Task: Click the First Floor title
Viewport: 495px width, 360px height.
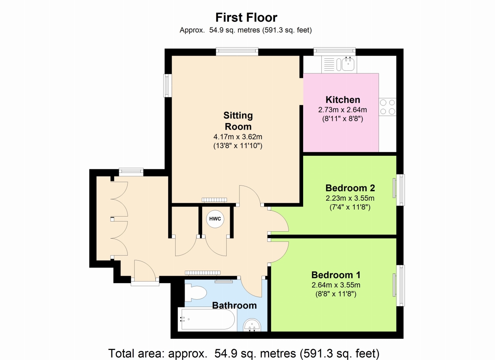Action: [x=246, y=17]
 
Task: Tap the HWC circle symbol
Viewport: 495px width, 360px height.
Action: [x=215, y=219]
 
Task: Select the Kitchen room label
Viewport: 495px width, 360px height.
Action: [x=343, y=100]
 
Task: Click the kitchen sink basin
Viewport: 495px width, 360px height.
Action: [x=348, y=64]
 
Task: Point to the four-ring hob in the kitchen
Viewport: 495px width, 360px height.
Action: [x=387, y=107]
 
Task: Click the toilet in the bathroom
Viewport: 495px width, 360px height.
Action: [x=195, y=293]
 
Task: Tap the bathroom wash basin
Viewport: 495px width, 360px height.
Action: [x=252, y=325]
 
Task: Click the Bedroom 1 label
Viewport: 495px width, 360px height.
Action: [x=336, y=275]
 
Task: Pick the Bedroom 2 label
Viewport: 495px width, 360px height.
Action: [x=350, y=188]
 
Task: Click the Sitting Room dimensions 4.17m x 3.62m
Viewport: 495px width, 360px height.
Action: [x=238, y=137]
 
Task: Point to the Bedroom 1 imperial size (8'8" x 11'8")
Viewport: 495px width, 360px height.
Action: [x=336, y=294]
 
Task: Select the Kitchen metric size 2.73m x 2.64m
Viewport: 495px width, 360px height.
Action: [x=343, y=109]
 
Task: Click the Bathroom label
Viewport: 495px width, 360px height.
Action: [x=234, y=305]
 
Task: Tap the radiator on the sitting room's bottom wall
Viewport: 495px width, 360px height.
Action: [x=214, y=200]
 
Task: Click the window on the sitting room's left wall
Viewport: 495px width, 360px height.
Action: [x=167, y=85]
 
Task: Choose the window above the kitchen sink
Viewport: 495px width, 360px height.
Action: [x=335, y=52]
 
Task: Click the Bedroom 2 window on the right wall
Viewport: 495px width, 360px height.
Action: [x=400, y=190]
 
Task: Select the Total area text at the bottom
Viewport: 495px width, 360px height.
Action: [x=244, y=353]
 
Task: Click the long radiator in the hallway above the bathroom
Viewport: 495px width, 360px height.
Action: [x=203, y=273]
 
